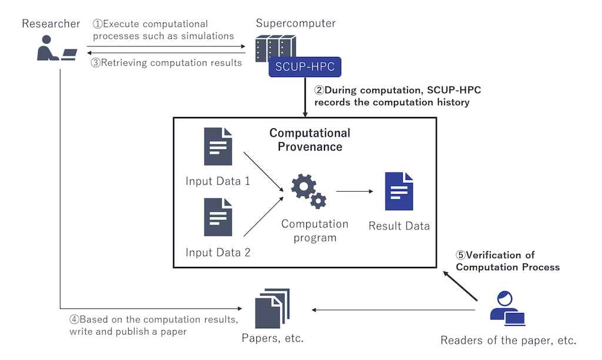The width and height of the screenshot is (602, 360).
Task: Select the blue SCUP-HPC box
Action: [x=305, y=66]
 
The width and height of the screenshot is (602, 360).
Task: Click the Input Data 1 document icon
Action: [x=218, y=146]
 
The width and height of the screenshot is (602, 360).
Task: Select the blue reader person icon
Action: [x=506, y=308]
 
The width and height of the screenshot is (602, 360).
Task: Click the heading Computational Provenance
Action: [x=310, y=140]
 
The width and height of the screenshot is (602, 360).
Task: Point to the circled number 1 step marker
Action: [x=98, y=24]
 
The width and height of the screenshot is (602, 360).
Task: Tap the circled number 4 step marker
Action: [x=74, y=319]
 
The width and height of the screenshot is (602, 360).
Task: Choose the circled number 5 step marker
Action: [x=461, y=255]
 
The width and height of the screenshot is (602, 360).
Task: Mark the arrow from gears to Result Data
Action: [x=354, y=191]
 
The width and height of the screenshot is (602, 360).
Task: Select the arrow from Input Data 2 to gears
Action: [x=263, y=217]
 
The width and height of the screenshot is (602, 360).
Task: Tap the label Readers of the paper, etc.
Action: [x=508, y=340]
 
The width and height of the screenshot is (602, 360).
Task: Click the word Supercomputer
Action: [x=296, y=24]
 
